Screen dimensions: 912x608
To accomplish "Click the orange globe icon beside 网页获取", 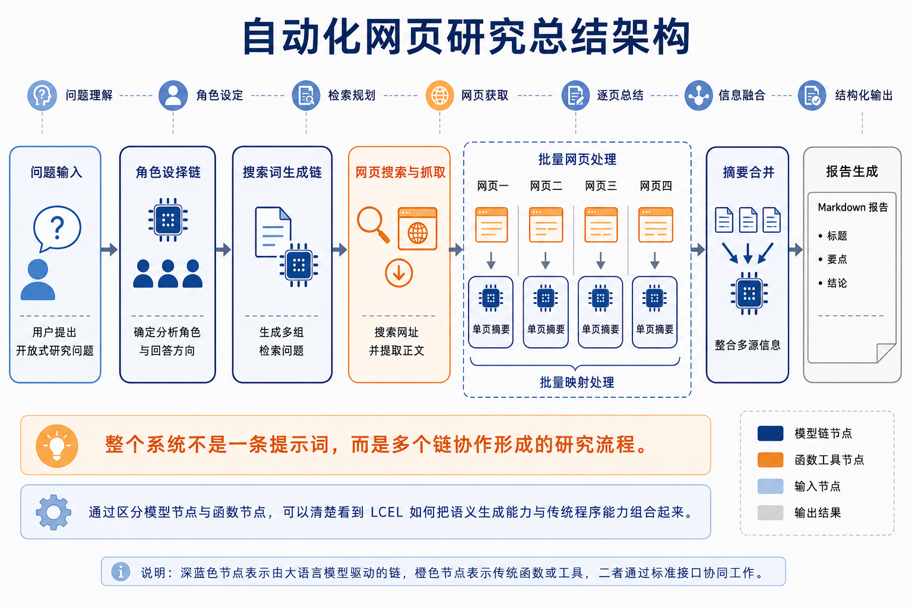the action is point(440,95).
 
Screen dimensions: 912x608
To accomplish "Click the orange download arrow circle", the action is point(398,273).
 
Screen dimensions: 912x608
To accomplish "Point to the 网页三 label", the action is point(600,186).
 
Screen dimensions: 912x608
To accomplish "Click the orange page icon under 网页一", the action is point(492,225).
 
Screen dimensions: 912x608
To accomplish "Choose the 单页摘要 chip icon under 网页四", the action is point(654,298).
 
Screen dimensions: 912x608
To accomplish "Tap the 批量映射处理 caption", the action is point(577,382).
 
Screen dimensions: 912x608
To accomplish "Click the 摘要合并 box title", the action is point(748,172).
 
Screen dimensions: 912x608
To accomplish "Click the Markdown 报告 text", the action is point(853,207).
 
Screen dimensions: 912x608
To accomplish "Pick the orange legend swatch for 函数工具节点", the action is point(770,460).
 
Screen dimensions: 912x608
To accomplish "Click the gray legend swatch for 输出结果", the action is point(770,513).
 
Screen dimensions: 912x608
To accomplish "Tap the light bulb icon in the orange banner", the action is point(57,446).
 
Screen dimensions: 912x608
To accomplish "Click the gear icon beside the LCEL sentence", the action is point(53,512).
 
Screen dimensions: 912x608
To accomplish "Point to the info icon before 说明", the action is point(121,572).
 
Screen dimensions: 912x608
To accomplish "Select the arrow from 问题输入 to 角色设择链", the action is point(109,249).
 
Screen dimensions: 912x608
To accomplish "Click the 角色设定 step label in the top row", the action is point(220,95).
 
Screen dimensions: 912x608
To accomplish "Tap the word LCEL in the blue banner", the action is point(387,512).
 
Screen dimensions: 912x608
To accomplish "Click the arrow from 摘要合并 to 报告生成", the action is point(796,249).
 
